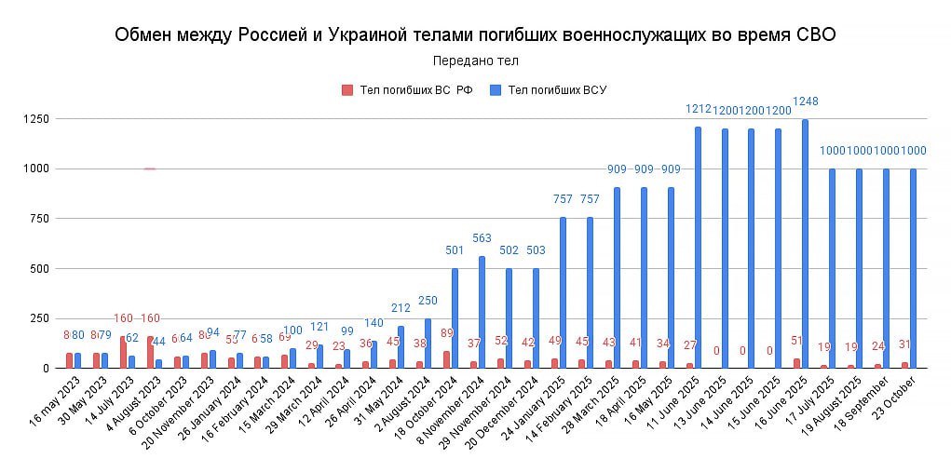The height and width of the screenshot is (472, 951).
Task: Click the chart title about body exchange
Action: tap(475, 35)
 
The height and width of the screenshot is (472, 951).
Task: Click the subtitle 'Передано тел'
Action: tap(475, 61)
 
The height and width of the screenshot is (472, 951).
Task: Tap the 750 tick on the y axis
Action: tap(37, 219)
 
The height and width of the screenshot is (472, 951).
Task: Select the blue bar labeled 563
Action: tap(482, 312)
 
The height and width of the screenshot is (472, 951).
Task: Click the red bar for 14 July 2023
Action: tap(123, 352)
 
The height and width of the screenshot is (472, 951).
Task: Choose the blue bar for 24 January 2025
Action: tap(564, 292)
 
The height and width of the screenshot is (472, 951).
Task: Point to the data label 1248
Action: tap(805, 101)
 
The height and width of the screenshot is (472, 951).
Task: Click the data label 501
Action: tap(455, 250)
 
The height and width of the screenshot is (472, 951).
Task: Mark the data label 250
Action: tap(428, 301)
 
